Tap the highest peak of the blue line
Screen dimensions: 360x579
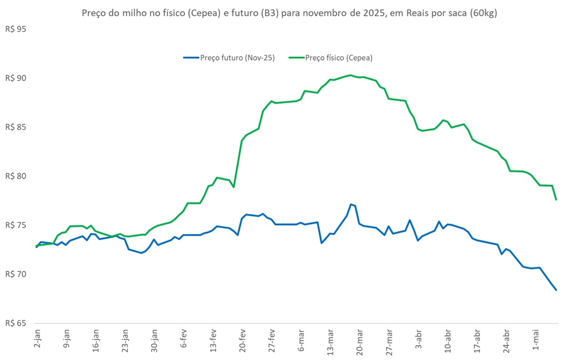(351, 204)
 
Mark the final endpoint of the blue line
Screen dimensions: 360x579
(556, 290)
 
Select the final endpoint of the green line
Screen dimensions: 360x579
(556, 199)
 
